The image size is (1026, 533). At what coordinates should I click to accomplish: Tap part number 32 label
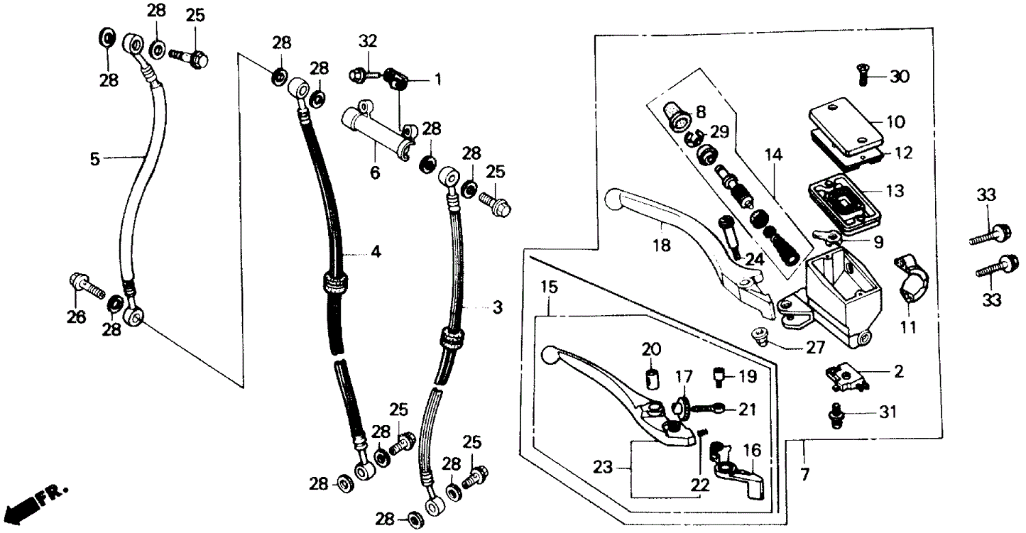pyautogui.click(x=367, y=42)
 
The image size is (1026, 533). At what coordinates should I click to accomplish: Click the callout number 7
pyautogui.click(x=804, y=475)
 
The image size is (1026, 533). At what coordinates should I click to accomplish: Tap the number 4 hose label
pyautogui.click(x=376, y=251)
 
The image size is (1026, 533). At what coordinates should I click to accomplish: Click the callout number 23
pyautogui.click(x=603, y=468)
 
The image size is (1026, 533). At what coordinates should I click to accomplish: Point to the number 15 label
pyautogui.click(x=549, y=289)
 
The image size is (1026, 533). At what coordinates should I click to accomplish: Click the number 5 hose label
pyautogui.click(x=94, y=159)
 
